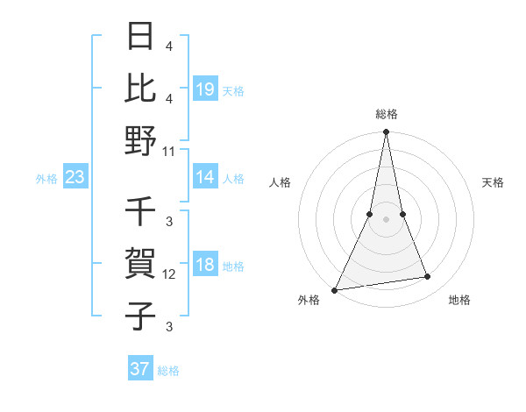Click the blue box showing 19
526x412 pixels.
click(205, 89)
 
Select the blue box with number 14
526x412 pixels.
click(205, 178)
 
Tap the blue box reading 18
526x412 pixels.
click(205, 266)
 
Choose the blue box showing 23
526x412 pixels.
click(75, 178)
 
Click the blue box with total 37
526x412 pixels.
click(140, 369)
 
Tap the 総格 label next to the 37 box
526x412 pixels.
click(168, 371)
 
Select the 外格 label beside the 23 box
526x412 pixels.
click(46, 179)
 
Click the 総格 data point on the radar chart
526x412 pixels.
click(386, 132)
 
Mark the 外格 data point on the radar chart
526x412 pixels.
click(335, 289)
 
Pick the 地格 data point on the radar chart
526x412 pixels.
click(428, 277)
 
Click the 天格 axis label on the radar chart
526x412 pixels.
click(493, 183)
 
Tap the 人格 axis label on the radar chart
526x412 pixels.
click(280, 183)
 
